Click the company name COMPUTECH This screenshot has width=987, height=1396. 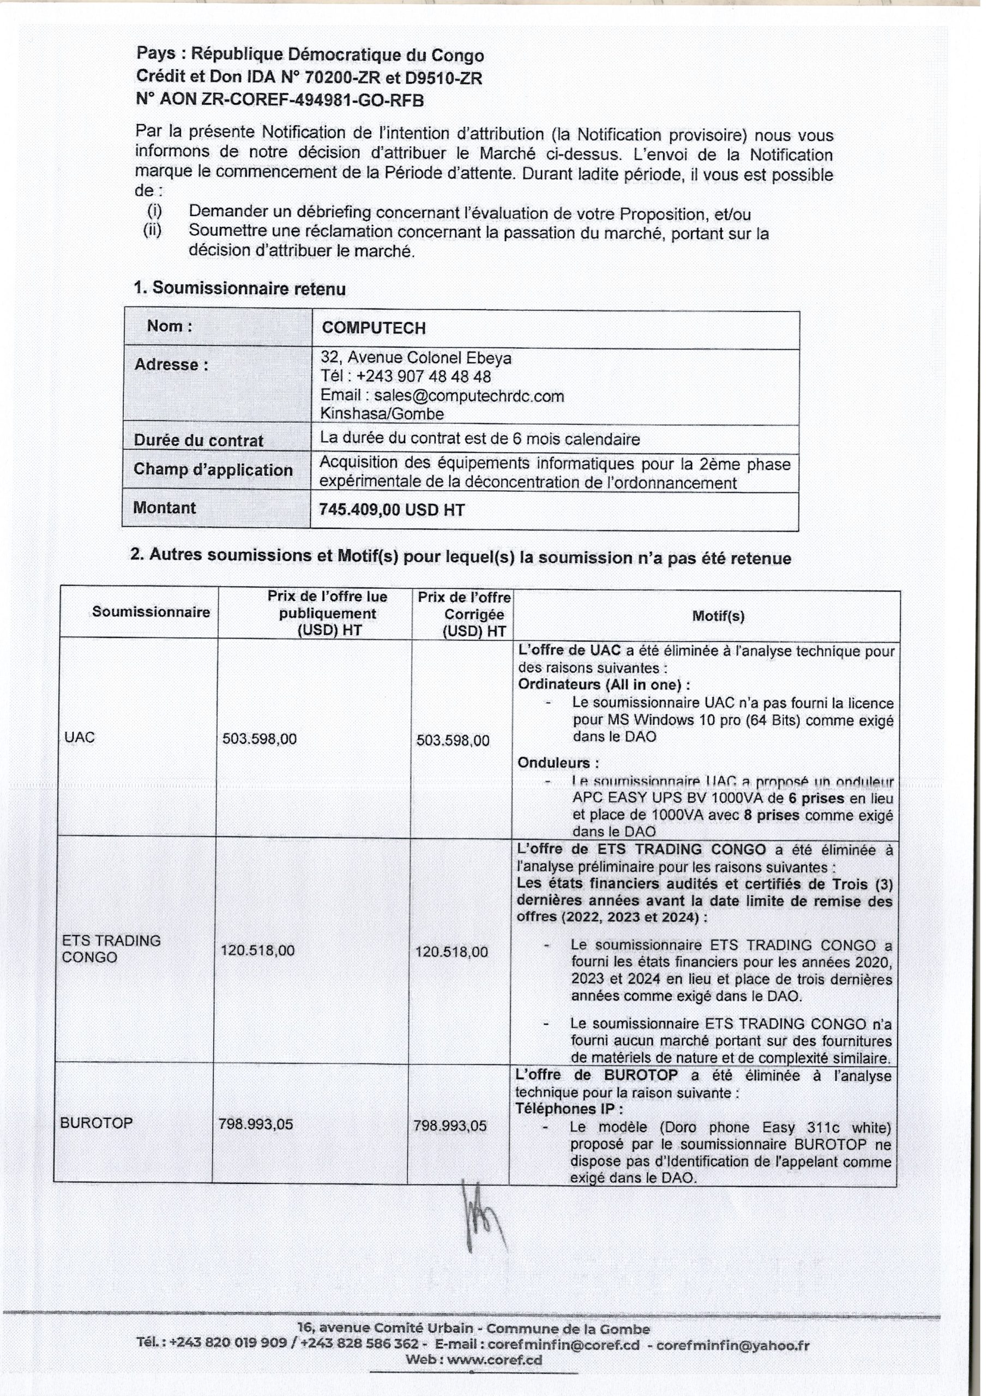click(374, 328)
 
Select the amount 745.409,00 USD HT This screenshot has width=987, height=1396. click(392, 509)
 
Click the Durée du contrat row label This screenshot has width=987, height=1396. click(198, 440)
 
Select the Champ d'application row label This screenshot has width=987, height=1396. click(213, 470)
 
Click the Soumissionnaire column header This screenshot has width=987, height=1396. click(151, 612)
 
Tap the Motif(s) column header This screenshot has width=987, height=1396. click(718, 616)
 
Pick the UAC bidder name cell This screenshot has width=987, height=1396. click(79, 737)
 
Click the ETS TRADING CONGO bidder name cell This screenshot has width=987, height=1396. click(111, 948)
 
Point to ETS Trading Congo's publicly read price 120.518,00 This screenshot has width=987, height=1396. click(257, 950)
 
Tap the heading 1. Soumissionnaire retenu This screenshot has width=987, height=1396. click(239, 288)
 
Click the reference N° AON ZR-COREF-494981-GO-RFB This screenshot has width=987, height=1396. click(280, 100)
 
